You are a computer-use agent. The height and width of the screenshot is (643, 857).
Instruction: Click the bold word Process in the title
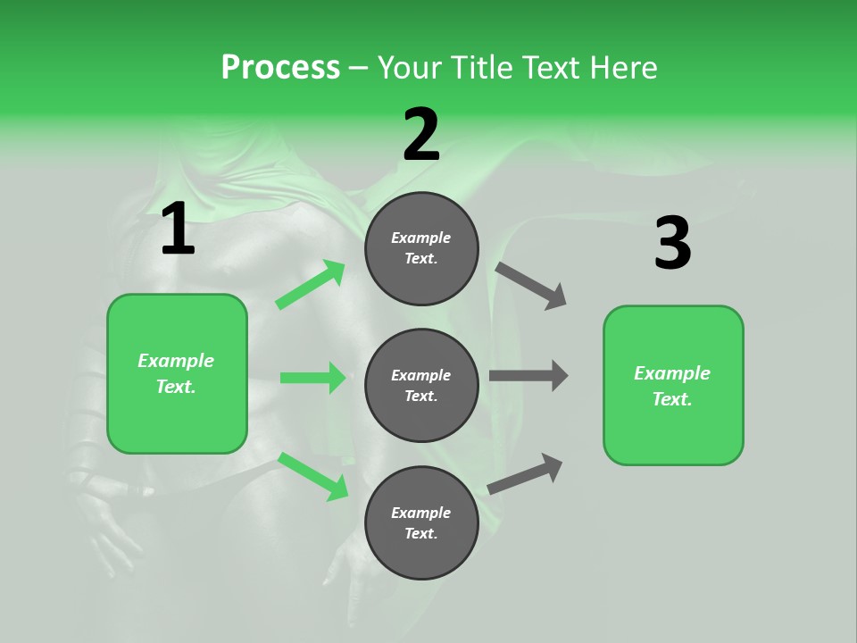click(280, 68)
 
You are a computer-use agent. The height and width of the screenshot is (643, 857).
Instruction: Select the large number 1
click(178, 230)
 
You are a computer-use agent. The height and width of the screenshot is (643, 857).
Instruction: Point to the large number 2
click(421, 136)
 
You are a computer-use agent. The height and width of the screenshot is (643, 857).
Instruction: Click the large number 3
click(672, 244)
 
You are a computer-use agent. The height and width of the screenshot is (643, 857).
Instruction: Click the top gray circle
click(421, 248)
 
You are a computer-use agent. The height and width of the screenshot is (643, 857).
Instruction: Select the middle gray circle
click(421, 385)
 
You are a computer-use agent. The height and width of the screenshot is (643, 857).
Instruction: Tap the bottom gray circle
click(421, 522)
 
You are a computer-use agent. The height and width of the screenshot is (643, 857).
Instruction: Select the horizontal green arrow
click(313, 378)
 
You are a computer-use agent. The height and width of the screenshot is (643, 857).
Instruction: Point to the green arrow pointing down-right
click(313, 476)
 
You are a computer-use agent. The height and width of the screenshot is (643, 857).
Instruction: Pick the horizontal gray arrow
click(528, 376)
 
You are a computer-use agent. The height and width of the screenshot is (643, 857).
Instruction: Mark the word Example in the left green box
click(176, 361)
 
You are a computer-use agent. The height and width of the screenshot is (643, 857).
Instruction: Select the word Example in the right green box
click(672, 373)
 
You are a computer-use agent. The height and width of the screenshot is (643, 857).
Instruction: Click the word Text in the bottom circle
click(420, 533)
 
